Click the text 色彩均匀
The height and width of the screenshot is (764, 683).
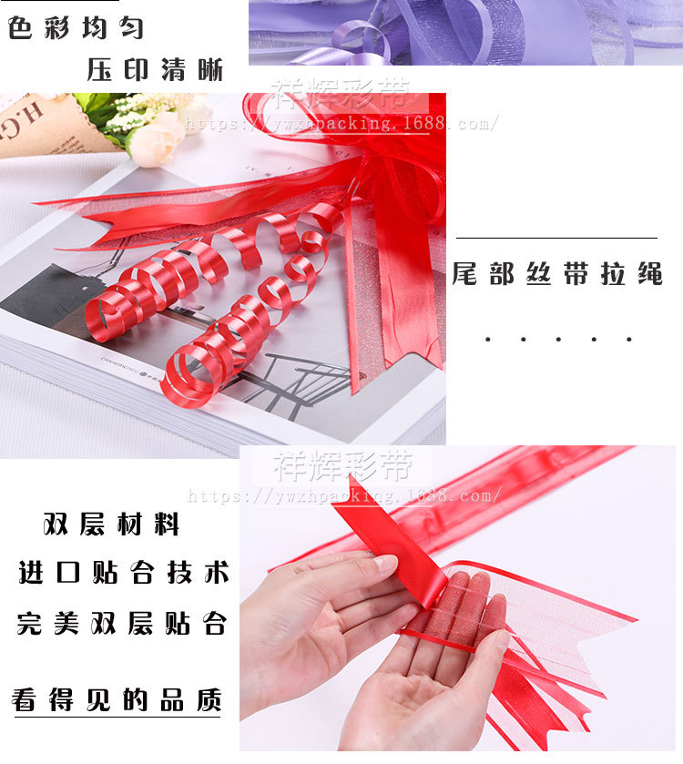(x=76, y=27)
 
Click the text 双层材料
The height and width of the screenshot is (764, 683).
(x=111, y=525)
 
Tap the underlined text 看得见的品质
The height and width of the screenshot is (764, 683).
(x=117, y=700)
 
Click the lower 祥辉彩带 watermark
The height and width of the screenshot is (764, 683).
(x=342, y=465)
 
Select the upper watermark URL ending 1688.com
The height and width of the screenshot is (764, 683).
(x=341, y=122)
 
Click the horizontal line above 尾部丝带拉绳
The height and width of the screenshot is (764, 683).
(x=556, y=238)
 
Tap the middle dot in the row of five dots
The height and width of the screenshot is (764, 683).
(x=558, y=340)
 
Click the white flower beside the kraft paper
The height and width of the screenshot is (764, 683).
(x=155, y=140)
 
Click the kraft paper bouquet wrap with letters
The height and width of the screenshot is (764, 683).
(x=36, y=127)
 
